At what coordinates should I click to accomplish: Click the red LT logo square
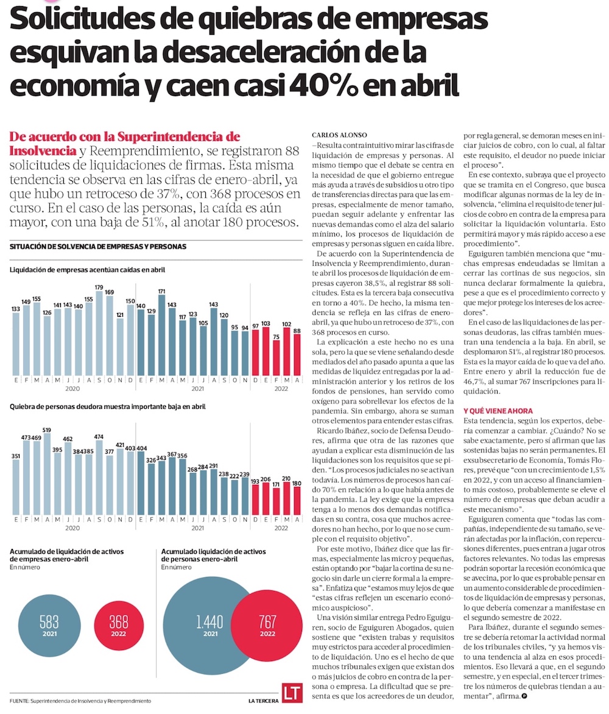click(291, 693)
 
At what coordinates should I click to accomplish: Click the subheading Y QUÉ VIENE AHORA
click(498, 411)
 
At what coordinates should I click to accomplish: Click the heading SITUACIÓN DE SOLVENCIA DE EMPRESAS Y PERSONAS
click(98, 246)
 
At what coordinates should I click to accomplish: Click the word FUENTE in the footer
click(19, 701)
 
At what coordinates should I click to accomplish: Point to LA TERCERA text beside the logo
click(263, 701)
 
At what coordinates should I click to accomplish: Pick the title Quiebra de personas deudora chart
click(107, 406)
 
